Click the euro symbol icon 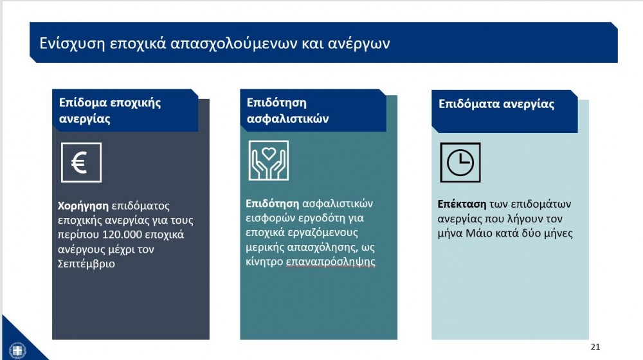coord(81,163)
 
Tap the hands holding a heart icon coord(269,160)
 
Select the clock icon coord(460,163)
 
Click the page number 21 coord(595,347)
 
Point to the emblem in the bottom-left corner coord(17,350)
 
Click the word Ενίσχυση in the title coord(72,43)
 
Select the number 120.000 coord(122,235)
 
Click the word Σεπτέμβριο coord(86,264)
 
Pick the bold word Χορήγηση coord(83,206)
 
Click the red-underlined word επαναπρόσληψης coord(331,262)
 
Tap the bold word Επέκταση coord(462,204)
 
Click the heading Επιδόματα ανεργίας coord(496,104)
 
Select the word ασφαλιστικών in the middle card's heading coord(287,119)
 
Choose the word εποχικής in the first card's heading coord(136,102)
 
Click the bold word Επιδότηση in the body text coord(272,204)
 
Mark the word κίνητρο coord(264,262)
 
